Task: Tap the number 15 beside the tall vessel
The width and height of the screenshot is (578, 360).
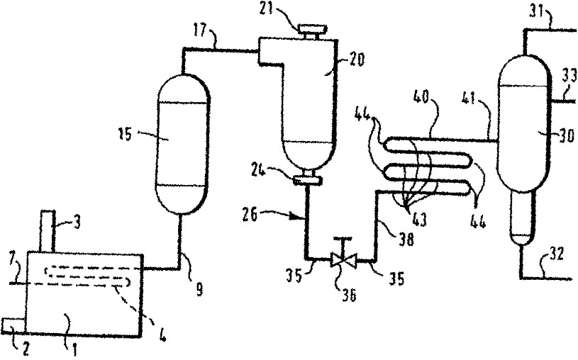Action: point(126,135)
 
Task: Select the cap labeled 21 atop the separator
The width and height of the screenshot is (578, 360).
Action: point(313,30)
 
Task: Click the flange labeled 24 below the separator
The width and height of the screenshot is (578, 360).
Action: point(307,181)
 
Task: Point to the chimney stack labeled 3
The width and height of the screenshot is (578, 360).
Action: point(48,230)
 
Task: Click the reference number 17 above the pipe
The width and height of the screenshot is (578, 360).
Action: point(202,32)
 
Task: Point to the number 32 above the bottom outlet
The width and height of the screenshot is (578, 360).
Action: point(555,254)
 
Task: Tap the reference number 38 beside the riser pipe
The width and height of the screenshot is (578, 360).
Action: point(406,240)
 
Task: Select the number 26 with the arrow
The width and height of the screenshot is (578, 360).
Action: point(250,215)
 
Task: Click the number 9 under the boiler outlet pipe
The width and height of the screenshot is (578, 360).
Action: point(199,291)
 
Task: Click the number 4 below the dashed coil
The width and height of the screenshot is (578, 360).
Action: point(162,335)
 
